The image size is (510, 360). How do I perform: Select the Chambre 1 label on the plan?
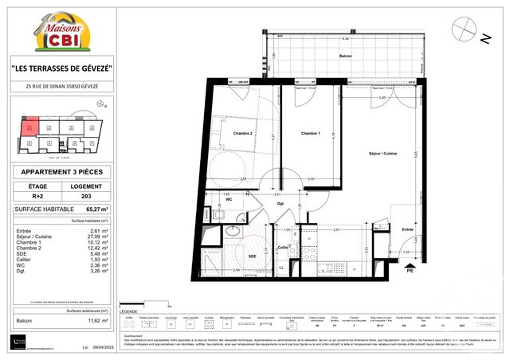pos(299,134)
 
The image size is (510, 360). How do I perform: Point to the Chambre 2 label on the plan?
pos(242,134)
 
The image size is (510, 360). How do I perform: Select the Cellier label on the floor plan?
pos(282,248)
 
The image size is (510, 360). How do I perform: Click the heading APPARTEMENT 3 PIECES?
pos(62,171)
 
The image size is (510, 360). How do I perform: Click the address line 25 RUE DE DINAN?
pos(62,86)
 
